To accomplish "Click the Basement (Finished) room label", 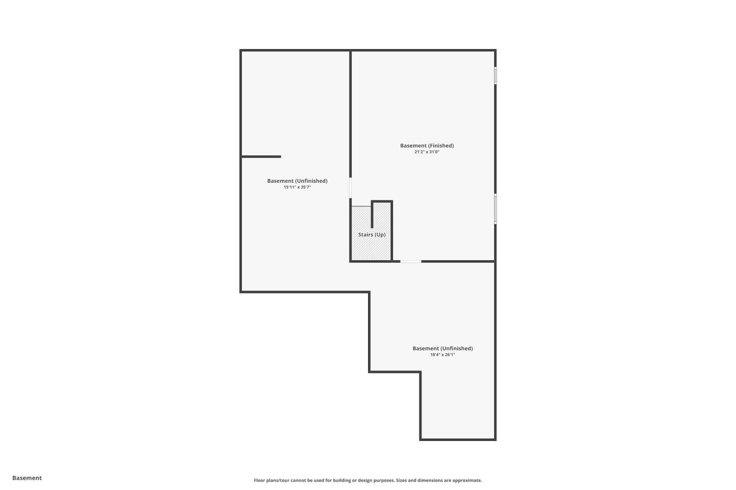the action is pyautogui.click(x=427, y=146).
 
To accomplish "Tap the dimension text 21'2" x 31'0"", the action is pyautogui.click(x=427, y=152).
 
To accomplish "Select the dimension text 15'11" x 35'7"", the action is pyautogui.click(x=297, y=187).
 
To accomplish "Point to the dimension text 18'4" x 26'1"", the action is pyautogui.click(x=443, y=355).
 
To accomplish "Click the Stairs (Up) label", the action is pyautogui.click(x=371, y=235).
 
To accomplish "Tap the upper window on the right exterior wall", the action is pyautogui.click(x=496, y=76).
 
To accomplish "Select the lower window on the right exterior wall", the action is pyautogui.click(x=496, y=209).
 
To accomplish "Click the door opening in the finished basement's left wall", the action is pyautogui.click(x=350, y=188).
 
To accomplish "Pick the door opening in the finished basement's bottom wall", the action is pyautogui.click(x=411, y=262).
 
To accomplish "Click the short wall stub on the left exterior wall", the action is pyautogui.click(x=261, y=157).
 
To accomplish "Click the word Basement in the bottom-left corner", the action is pyautogui.click(x=27, y=478).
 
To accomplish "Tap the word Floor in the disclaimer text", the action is pyautogui.click(x=259, y=481).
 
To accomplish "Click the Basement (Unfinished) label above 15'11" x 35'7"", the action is pyautogui.click(x=297, y=181).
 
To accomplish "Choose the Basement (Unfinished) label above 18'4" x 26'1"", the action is pyautogui.click(x=443, y=348).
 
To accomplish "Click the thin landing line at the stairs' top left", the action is pyautogui.click(x=362, y=206).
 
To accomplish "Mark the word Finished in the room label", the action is pyautogui.click(x=441, y=146).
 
